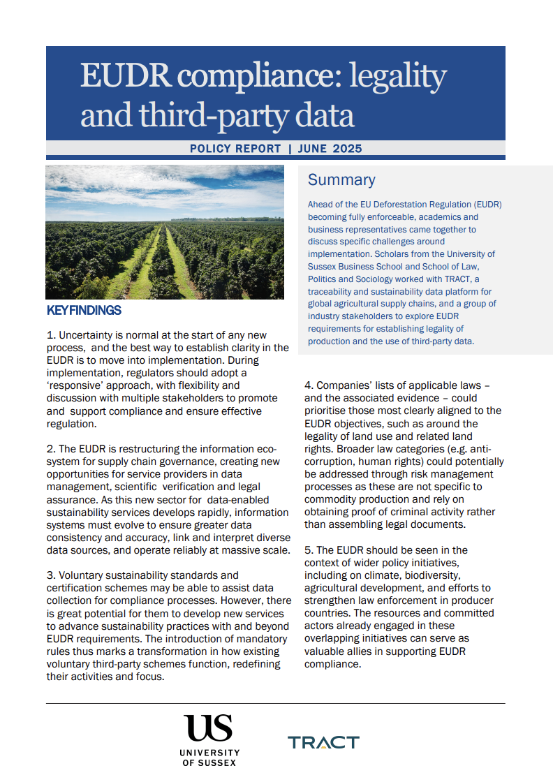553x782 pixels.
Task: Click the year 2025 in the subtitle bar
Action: [x=348, y=149]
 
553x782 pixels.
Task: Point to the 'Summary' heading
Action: [x=341, y=180]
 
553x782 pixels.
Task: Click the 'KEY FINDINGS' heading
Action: [x=84, y=311]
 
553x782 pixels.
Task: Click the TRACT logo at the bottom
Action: [x=323, y=742]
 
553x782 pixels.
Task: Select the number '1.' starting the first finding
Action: [x=50, y=336]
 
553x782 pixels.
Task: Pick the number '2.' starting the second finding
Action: [x=50, y=448]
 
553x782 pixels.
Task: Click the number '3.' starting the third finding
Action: [x=50, y=575]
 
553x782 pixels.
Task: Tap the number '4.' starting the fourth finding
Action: [x=309, y=385]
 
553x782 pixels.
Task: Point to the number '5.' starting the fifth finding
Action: [x=309, y=550]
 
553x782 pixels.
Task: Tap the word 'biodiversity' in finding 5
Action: [x=427, y=575]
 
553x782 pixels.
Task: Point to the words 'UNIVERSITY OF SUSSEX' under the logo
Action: [x=209, y=758]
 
